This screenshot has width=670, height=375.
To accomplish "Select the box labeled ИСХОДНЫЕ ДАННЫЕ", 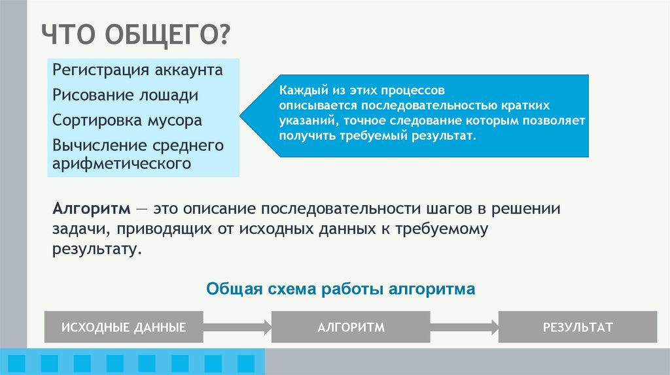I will (124, 327).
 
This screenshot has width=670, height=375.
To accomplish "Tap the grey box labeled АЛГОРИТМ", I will (351, 327).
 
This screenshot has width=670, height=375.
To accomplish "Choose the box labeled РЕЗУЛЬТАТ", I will (578, 327).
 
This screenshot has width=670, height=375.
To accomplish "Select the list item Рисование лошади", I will (125, 95).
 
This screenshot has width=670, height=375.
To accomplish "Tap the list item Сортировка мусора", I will (128, 121).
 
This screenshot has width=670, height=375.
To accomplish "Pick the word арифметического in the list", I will (122, 163).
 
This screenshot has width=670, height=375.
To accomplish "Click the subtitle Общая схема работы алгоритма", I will (340, 289).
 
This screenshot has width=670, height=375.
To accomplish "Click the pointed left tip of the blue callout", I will (241, 116).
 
